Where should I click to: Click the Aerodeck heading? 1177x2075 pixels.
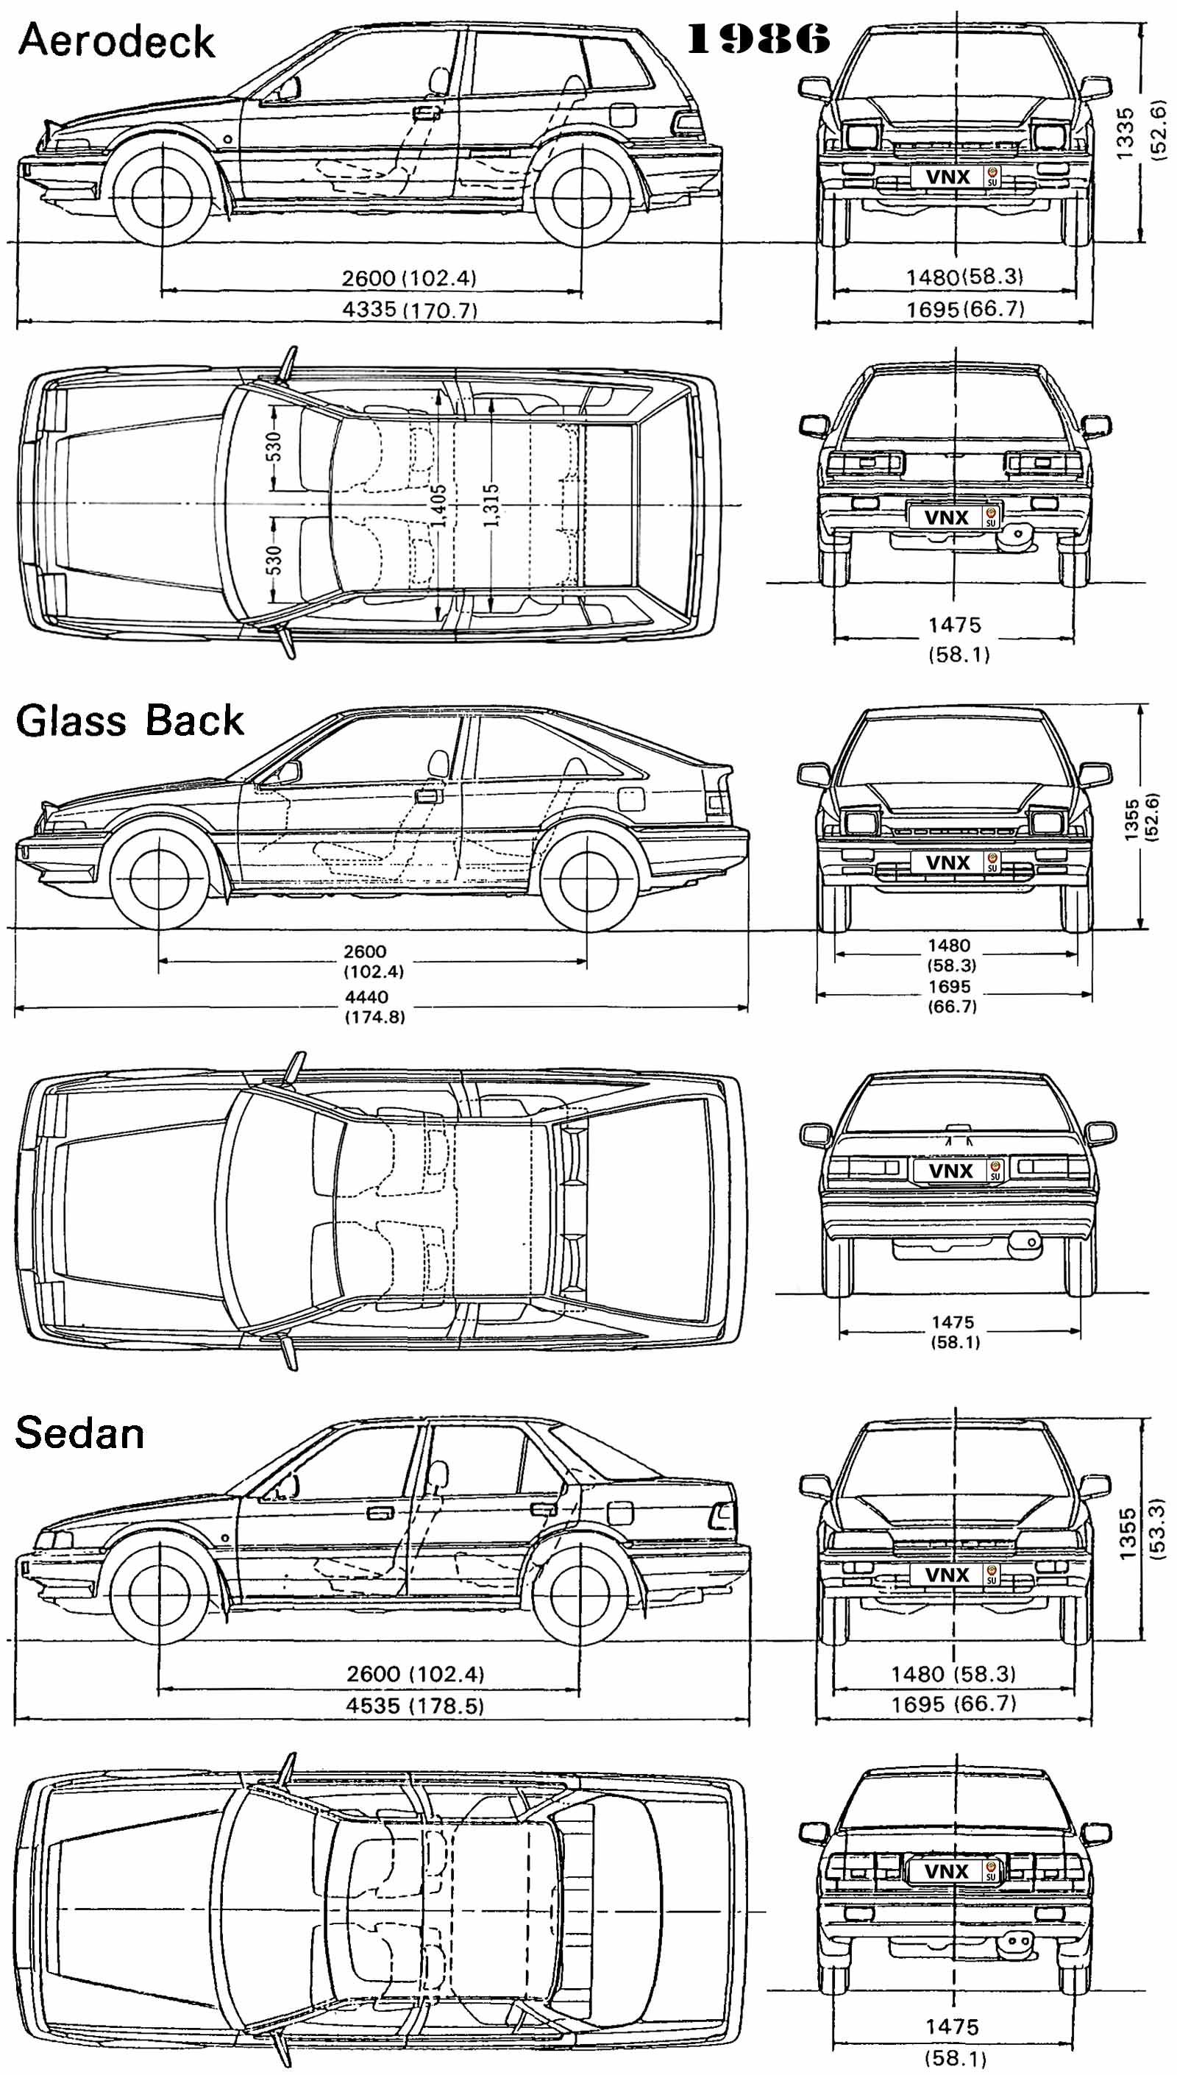[116, 40]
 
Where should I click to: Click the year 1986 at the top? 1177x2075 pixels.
[758, 39]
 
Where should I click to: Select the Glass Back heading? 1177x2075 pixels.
[129, 720]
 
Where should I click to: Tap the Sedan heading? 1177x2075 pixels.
[79, 1433]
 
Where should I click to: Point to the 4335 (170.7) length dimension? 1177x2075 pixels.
[410, 310]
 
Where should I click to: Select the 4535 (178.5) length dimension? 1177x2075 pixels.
[415, 1706]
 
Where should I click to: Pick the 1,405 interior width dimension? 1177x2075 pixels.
[438, 506]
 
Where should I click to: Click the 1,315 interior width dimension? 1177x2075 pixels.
[491, 506]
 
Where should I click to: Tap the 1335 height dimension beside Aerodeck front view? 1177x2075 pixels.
[1126, 133]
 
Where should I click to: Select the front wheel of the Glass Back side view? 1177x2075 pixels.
[158, 880]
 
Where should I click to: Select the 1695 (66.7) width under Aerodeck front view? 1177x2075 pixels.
[965, 309]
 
